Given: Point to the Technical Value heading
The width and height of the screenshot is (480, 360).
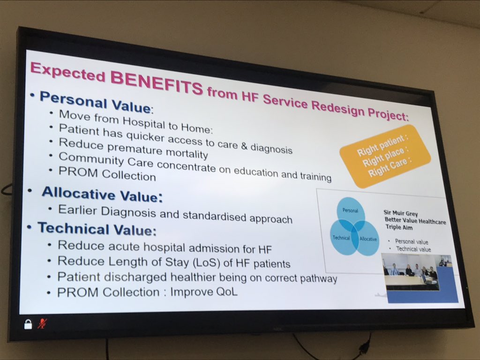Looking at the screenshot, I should tap(96, 229).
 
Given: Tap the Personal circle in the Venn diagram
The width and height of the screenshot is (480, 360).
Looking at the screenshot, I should tap(350, 211).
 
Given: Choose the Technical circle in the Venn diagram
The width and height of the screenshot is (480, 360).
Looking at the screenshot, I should tap(341, 238).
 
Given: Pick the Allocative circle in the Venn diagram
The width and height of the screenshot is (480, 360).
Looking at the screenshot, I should tap(367, 239).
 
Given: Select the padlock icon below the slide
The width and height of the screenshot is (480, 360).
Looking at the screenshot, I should tap(28, 323).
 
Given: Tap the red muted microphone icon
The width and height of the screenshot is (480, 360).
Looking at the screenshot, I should tap(43, 323).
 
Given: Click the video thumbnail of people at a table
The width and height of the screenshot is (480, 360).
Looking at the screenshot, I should tap(411, 271).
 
